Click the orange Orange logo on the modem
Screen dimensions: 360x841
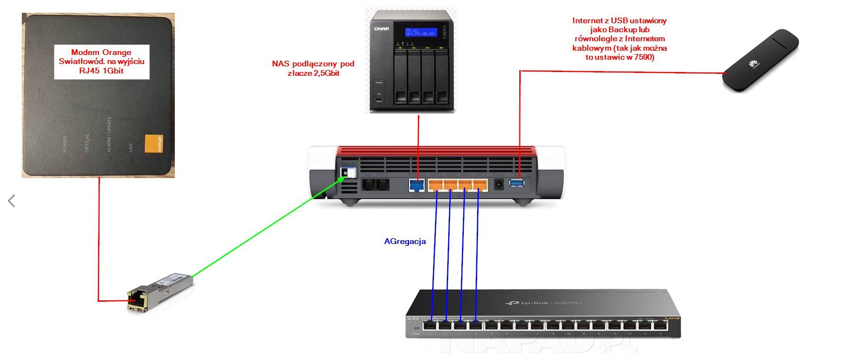(x=154, y=144)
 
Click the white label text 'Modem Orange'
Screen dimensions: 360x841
(x=101, y=53)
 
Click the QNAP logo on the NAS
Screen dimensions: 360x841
(x=381, y=29)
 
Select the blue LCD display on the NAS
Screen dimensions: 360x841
(x=420, y=32)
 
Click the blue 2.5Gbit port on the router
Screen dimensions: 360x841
(x=416, y=184)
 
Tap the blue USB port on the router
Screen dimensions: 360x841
(x=517, y=183)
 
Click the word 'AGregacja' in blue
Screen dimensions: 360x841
(x=405, y=242)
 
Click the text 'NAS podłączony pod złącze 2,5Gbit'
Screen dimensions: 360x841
(x=313, y=68)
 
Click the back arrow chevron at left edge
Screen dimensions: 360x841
(x=12, y=201)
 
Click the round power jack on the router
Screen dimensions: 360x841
(x=498, y=184)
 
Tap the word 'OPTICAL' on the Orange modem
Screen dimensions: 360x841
(x=87, y=143)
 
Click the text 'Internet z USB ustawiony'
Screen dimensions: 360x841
(x=619, y=21)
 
